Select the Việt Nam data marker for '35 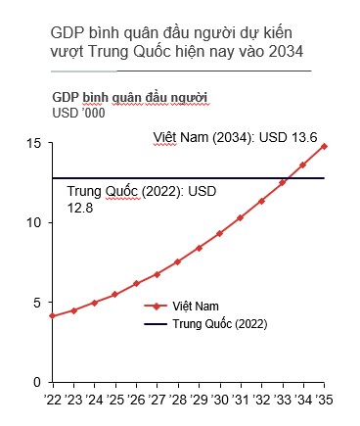325,147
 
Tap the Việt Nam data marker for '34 303,165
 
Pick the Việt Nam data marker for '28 177,261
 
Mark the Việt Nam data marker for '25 114,294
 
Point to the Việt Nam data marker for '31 241,217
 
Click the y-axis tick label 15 34,144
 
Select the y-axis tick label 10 34,223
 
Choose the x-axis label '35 326,401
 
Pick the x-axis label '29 200,401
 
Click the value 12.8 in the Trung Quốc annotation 76,209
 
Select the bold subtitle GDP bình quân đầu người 129,98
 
